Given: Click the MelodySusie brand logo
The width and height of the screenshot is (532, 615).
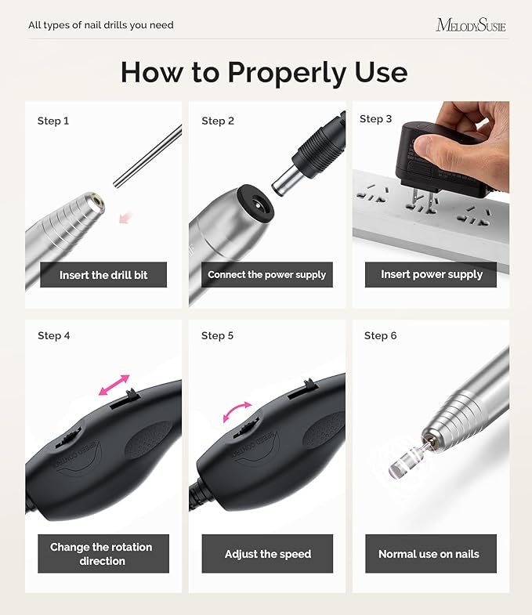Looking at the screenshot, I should pyautogui.click(x=470, y=25).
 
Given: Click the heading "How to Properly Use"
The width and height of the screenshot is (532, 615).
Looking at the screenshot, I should pyautogui.click(x=264, y=72).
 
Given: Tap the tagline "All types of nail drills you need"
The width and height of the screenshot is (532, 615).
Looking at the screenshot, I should pyautogui.click(x=101, y=25).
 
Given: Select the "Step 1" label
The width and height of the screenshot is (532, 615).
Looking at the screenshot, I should pyautogui.click(x=53, y=121).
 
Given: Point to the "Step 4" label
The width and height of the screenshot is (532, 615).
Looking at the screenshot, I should pyautogui.click(x=54, y=335).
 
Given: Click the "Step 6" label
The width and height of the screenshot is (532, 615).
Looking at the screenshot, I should pyautogui.click(x=380, y=335).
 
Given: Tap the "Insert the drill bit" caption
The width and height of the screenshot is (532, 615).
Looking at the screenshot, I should pyautogui.click(x=103, y=275).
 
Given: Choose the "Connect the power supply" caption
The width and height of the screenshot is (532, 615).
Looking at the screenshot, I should pyautogui.click(x=266, y=275).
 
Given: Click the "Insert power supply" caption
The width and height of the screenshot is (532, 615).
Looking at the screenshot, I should pyautogui.click(x=432, y=274).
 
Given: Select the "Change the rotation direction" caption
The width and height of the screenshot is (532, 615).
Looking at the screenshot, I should pyautogui.click(x=101, y=553).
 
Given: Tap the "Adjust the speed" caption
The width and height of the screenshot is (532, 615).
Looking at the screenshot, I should pyautogui.click(x=268, y=554).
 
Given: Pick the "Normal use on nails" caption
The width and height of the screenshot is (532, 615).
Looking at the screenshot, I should pyautogui.click(x=429, y=554).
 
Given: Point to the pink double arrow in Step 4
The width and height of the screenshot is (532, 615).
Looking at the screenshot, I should pyautogui.click(x=114, y=384).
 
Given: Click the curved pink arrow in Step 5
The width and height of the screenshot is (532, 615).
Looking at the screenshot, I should pyautogui.click(x=237, y=411).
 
